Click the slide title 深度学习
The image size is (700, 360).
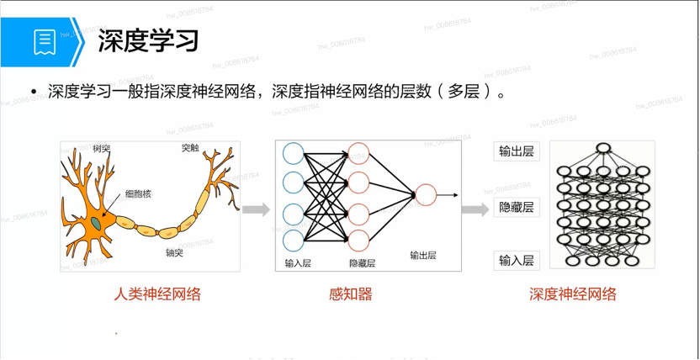click(148, 41)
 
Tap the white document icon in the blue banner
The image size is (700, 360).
click(45, 42)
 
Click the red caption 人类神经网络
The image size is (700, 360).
click(157, 294)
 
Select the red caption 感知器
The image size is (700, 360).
click(351, 294)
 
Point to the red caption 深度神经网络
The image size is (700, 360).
click(573, 294)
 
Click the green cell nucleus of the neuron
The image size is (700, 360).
click(97, 222)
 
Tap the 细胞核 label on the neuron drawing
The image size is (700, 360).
click(138, 194)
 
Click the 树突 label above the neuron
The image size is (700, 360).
click(101, 148)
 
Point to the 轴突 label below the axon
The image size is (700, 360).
click(174, 253)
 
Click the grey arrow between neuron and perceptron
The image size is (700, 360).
click(257, 209)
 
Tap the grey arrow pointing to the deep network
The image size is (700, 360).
click(475, 209)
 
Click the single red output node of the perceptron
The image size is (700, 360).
click(426, 195)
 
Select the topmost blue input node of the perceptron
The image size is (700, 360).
click(294, 153)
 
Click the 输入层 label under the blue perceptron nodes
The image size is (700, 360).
click(298, 263)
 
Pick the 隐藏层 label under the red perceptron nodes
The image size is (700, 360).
click(362, 263)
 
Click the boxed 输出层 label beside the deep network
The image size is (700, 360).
click(517, 151)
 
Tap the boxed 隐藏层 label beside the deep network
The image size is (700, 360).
click(517, 208)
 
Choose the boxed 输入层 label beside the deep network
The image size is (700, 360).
click(517, 261)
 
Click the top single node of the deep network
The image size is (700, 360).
click(602, 149)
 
